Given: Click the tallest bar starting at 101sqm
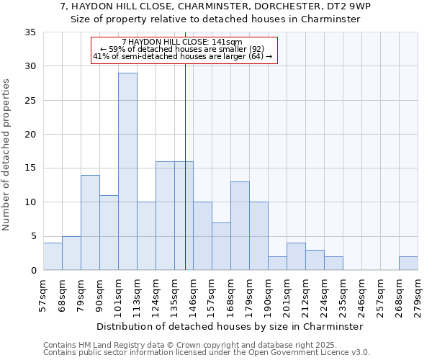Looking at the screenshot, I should coord(127,171).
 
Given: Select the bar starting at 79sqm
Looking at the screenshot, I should coord(90,222).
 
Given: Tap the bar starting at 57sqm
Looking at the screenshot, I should coord(53,256).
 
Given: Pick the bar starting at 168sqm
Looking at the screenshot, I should coord(240,226).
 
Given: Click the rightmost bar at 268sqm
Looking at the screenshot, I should coord(408,264).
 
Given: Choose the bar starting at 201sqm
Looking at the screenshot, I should coord(296,256).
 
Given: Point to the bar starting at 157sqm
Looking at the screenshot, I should coord(221,246).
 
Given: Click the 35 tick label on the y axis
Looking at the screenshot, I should coord(30,32).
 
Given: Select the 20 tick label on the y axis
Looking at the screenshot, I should coord(30,135).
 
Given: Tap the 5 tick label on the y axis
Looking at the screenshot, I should coord(32,236).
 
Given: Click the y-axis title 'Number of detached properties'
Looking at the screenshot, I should coord(7,154).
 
